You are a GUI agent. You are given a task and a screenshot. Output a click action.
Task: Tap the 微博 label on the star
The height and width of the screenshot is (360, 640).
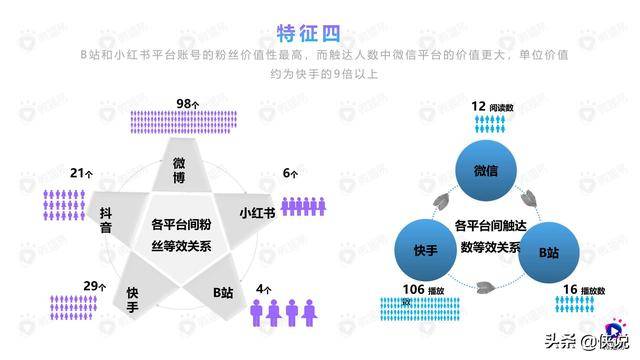[x=178, y=171]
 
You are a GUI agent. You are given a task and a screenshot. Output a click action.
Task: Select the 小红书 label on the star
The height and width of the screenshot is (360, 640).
[x=257, y=214]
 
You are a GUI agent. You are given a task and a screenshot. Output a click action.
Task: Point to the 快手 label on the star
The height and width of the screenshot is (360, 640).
[x=131, y=300]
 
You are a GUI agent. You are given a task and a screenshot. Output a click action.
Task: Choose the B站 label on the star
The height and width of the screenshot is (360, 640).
[x=223, y=294]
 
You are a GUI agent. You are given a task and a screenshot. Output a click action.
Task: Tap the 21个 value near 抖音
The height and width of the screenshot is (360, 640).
[x=81, y=173]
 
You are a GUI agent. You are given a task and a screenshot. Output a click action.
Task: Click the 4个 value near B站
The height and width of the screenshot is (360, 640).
[x=262, y=288]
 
